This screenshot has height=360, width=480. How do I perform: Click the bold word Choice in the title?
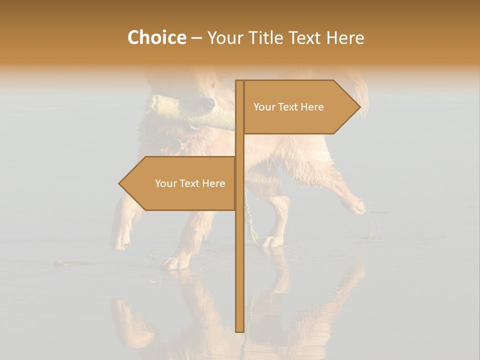(x=156, y=37)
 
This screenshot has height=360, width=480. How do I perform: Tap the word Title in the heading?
(x=266, y=37)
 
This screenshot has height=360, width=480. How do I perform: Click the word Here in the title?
(x=345, y=37)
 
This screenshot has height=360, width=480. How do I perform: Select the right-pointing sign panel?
(x=295, y=107)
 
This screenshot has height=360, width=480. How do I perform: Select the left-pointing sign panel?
(x=185, y=183)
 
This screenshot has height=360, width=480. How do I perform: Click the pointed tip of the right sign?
(x=359, y=107)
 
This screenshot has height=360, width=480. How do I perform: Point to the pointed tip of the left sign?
(x=120, y=183)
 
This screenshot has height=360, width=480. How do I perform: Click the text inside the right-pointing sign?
(x=288, y=107)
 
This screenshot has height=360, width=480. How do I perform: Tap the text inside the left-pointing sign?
(x=190, y=183)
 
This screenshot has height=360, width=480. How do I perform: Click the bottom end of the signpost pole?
(x=239, y=330)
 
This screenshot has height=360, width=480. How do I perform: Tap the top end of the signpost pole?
(x=239, y=81)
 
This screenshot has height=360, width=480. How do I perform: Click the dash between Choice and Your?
(x=196, y=37)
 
